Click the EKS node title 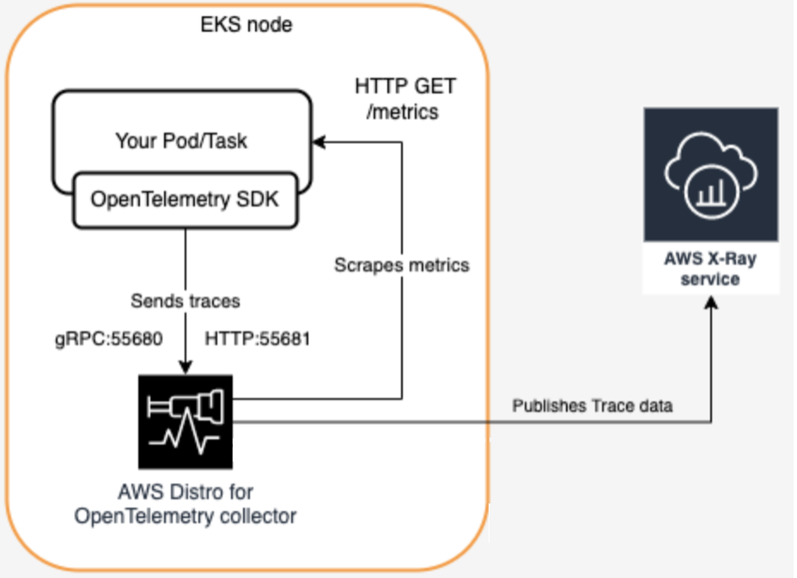(x=246, y=24)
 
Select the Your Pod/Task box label (x=181, y=141)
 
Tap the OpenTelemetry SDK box (x=185, y=200)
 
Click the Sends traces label (x=185, y=301)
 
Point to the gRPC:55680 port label (x=109, y=339)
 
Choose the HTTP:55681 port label (x=257, y=339)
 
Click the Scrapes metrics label (x=402, y=265)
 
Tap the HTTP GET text (x=405, y=86)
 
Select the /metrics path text (x=402, y=111)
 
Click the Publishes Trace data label (x=592, y=406)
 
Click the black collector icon (x=186, y=422)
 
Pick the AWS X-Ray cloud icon (x=710, y=174)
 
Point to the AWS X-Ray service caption (x=710, y=268)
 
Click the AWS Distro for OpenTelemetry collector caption (x=185, y=504)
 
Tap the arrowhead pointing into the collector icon (x=186, y=367)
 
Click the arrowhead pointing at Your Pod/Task (x=319, y=142)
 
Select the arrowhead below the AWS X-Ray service (x=711, y=303)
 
